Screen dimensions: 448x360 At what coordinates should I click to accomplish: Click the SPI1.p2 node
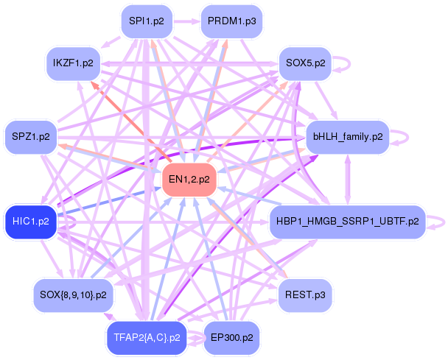coord(147,21)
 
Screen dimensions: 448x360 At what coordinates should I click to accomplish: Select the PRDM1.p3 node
coord(231,21)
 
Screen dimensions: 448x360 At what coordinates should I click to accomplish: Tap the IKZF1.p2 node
coord(73,63)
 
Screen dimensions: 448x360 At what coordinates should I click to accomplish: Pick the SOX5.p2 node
coord(306,63)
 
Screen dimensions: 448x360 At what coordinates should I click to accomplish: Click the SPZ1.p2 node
coord(31,137)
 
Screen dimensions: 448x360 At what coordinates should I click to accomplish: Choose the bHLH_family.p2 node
coord(348,137)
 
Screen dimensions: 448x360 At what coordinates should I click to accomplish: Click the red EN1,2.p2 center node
coord(189,180)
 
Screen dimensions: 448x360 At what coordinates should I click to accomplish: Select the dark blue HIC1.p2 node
coord(31,222)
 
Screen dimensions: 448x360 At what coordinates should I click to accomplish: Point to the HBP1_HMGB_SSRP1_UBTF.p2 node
coord(348,222)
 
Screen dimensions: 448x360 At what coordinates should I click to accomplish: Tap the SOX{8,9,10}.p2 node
coord(73,295)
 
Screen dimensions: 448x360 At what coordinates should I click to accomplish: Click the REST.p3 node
coord(305,295)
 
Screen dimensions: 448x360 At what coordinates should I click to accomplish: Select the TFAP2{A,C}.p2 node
coord(147,338)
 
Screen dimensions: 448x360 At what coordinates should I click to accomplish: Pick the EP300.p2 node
coord(231,338)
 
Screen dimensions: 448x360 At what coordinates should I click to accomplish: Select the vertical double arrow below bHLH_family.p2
coord(348,180)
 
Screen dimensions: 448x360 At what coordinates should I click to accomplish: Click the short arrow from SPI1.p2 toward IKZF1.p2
coord(111,42)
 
